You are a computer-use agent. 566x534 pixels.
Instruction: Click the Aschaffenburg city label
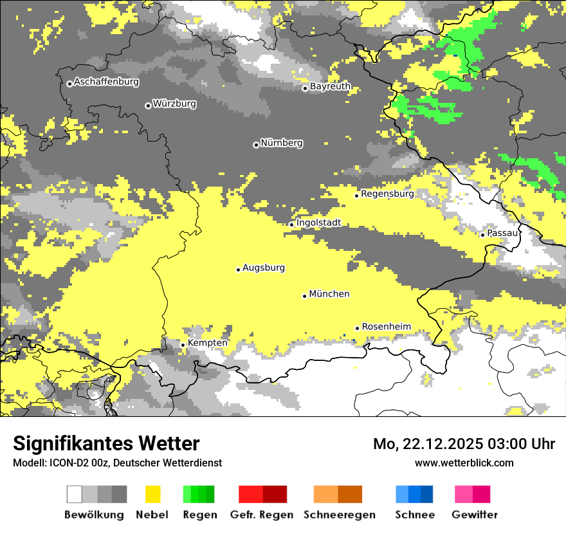[x=106, y=82]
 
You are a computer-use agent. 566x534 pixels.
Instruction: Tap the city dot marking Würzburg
[x=148, y=106]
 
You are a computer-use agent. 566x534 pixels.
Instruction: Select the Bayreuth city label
[x=330, y=86]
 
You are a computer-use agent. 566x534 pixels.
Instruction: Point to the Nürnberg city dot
[x=256, y=145]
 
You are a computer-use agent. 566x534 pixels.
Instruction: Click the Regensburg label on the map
[x=387, y=193]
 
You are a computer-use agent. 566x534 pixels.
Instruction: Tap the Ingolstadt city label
[x=318, y=223]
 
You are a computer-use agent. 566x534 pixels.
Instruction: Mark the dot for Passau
[x=482, y=235]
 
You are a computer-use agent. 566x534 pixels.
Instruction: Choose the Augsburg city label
[x=264, y=268]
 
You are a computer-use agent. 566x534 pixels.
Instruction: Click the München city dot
[x=304, y=296]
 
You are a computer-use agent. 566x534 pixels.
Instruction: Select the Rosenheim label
[x=386, y=326]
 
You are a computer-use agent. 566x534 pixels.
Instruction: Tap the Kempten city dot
[x=183, y=345]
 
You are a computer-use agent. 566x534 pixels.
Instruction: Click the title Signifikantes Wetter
[x=106, y=443]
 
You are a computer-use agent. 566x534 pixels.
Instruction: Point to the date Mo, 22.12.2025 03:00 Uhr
[x=464, y=444]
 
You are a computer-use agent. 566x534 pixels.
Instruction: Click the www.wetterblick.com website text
[x=464, y=463]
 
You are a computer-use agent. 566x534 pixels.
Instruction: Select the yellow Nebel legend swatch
[x=153, y=494]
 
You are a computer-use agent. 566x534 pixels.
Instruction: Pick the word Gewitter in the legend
[x=475, y=515]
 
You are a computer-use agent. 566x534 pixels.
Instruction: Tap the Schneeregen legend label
[x=340, y=515]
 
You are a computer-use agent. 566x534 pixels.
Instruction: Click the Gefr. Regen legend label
[x=262, y=515]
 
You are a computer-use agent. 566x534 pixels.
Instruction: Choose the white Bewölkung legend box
[x=75, y=494]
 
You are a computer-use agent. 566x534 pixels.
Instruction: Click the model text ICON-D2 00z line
[x=117, y=463]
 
